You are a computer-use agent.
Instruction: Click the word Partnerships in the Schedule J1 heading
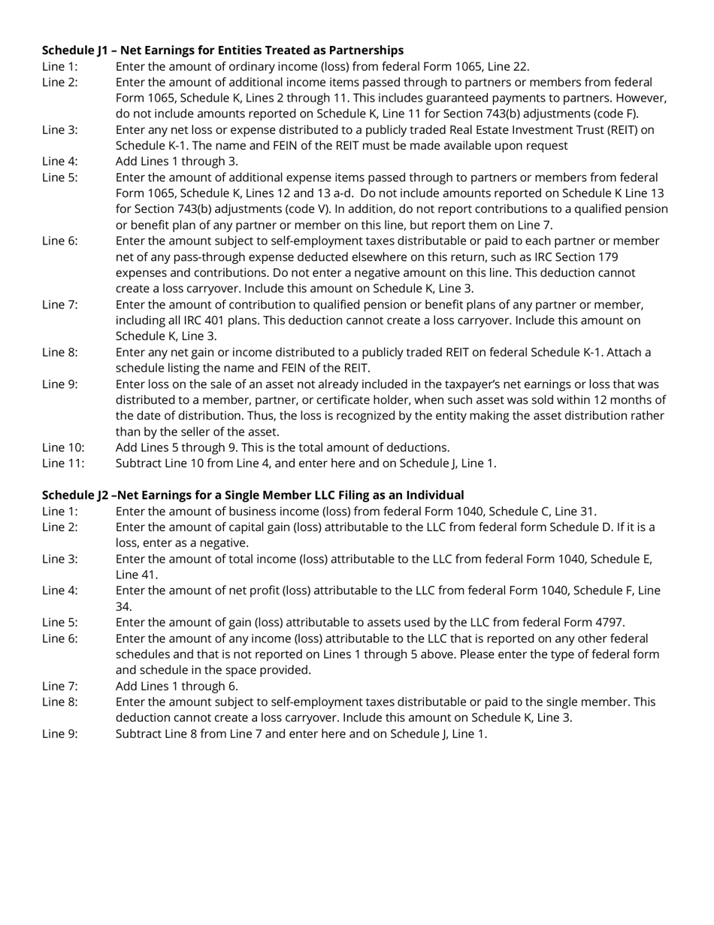pos(366,50)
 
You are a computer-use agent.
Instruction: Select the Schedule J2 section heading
pos(253,495)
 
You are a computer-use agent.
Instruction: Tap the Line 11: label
pos(63,463)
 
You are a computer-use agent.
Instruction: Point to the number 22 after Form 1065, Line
pos(520,66)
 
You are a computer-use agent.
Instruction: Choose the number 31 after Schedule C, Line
pos(586,511)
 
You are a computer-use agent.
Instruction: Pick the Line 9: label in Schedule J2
pos(59,734)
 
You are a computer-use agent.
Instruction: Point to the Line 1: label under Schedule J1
pos(59,66)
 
